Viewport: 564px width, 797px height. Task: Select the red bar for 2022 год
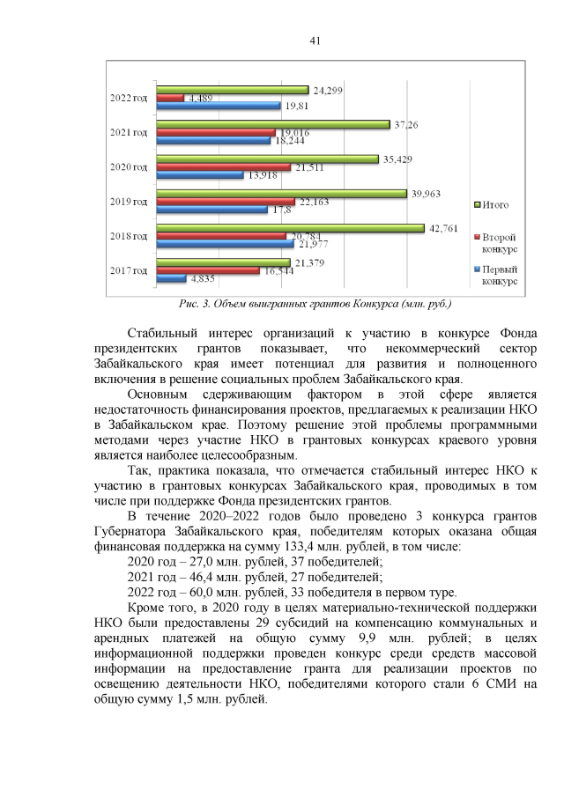tap(170, 98)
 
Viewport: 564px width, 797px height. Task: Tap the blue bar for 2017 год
tap(171, 278)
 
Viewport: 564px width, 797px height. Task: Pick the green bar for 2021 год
tap(272, 124)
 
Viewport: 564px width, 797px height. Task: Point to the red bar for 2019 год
tap(225, 201)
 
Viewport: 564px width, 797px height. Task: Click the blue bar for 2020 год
tap(199, 175)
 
